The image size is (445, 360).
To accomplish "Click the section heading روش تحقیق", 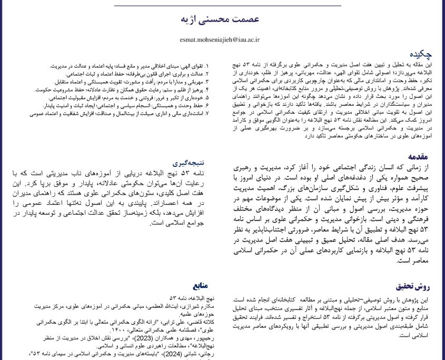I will [416, 287].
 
